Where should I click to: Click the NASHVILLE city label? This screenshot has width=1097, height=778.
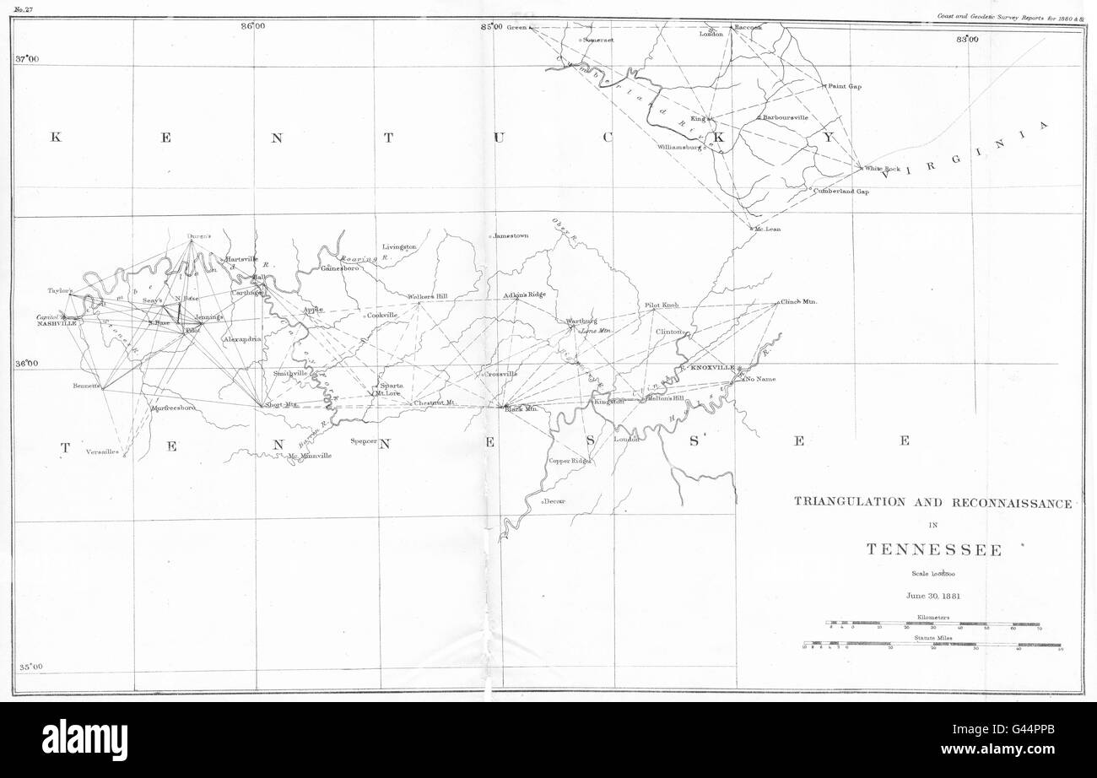coord(57,323)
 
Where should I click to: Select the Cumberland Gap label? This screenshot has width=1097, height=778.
coord(841,192)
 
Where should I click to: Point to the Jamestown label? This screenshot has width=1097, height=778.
coord(511,236)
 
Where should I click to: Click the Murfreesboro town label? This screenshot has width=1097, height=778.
coord(173,408)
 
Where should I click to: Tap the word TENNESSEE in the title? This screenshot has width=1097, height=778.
coord(934,550)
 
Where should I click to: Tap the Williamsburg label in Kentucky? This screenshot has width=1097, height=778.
coord(680,148)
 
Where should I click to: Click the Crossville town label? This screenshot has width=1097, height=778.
coord(500,373)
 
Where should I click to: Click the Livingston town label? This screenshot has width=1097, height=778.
coord(399,246)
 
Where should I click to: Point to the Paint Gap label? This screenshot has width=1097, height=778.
coord(844,86)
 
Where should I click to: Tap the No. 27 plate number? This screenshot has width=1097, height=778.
coord(24,9)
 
